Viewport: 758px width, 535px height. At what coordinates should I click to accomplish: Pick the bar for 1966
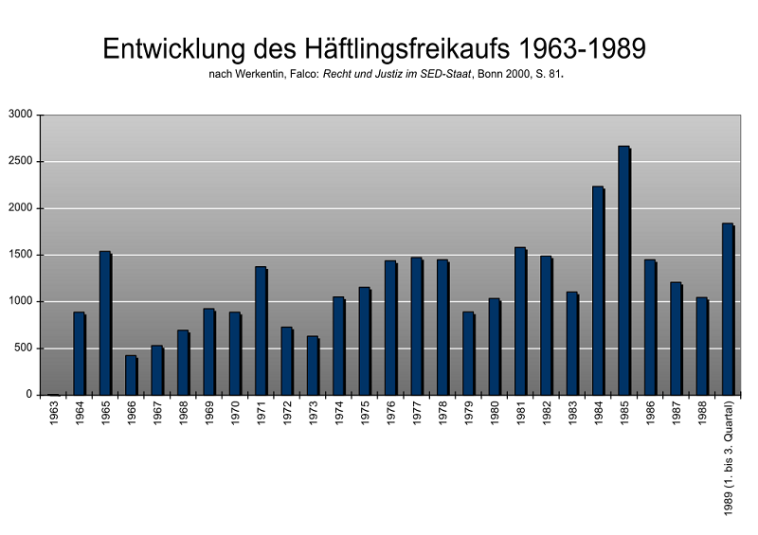131,375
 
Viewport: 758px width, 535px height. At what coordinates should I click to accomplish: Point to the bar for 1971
261,330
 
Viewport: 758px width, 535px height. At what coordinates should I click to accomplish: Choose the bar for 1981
520,321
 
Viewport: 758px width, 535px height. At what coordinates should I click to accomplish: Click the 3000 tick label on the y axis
20,116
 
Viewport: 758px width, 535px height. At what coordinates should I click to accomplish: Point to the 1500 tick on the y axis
20,255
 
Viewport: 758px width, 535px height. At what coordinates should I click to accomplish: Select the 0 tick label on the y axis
28,395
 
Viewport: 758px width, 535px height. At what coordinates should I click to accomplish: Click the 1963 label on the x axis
54,415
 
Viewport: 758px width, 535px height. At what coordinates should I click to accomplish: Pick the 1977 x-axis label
417,415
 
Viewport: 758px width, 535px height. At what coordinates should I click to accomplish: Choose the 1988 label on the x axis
702,415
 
